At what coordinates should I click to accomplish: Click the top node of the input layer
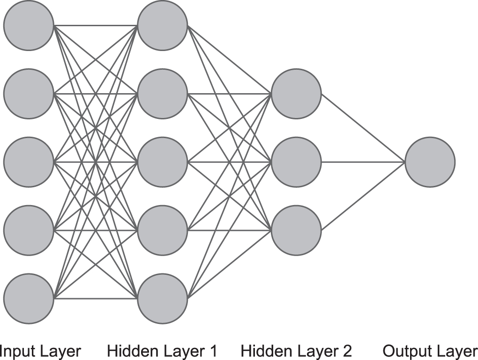(x=29, y=25)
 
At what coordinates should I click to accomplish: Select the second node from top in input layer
(x=29, y=94)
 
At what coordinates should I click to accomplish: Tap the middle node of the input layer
(x=29, y=162)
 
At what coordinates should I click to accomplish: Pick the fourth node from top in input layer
(x=29, y=230)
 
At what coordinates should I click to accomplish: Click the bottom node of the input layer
(x=29, y=299)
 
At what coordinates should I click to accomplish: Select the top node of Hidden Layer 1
(x=162, y=25)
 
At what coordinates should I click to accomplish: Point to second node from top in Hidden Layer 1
(x=162, y=94)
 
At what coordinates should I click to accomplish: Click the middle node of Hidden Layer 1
(x=162, y=162)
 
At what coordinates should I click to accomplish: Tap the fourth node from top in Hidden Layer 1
(x=162, y=230)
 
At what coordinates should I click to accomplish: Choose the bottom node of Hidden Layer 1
(x=162, y=299)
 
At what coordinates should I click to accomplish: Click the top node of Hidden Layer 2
(x=296, y=94)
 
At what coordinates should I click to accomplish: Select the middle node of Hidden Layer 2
(x=296, y=162)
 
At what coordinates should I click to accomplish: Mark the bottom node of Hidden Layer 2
(x=296, y=230)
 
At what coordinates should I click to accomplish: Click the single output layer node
(x=430, y=162)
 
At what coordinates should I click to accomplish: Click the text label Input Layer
(x=40, y=351)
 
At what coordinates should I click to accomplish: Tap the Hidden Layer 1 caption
(x=162, y=351)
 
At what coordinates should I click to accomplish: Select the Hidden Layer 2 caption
(x=296, y=351)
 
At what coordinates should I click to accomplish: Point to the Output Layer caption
(x=430, y=351)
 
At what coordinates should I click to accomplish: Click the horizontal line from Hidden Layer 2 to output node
(x=363, y=162)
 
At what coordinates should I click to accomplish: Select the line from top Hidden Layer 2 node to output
(x=363, y=128)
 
